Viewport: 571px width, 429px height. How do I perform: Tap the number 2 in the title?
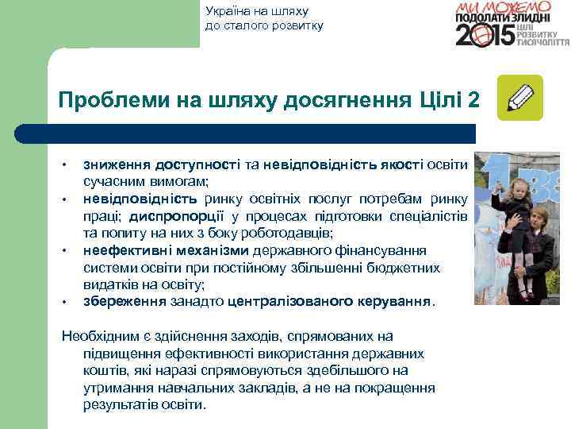click(473, 101)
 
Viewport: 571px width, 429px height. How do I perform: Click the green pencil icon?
click(519, 98)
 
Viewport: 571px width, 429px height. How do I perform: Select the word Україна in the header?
click(227, 11)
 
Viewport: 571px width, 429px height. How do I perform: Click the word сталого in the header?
click(244, 25)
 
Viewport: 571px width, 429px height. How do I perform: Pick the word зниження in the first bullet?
click(117, 164)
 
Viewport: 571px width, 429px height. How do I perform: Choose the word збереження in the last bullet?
click(125, 302)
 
